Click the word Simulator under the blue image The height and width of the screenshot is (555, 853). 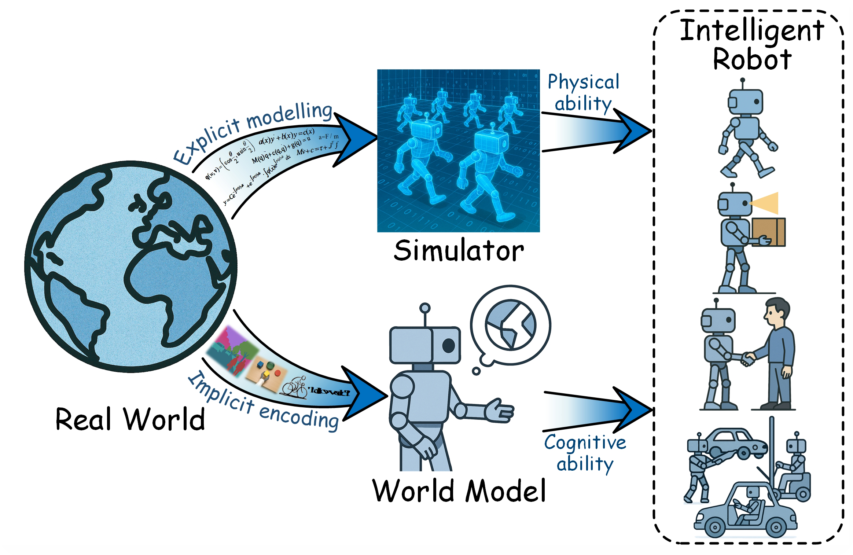(x=459, y=251)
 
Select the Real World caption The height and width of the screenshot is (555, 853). (x=130, y=419)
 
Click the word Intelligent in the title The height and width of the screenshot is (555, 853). (x=752, y=31)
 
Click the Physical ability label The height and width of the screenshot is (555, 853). (x=583, y=92)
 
